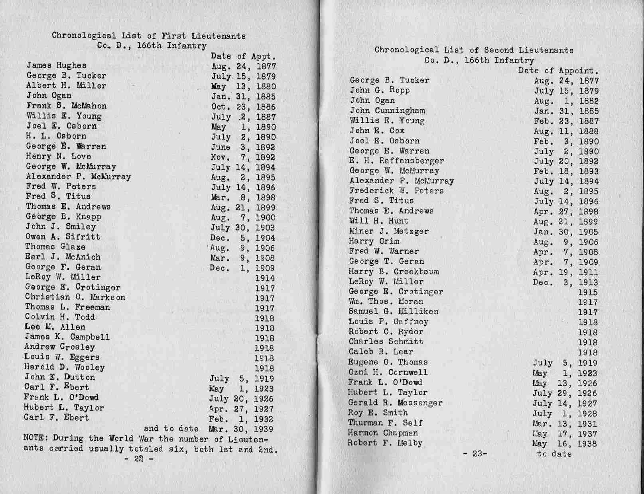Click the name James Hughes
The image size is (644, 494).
tap(56, 65)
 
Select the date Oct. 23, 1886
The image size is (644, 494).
tap(243, 107)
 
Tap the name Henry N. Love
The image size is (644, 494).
tap(58, 157)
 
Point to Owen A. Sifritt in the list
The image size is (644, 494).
tap(63, 237)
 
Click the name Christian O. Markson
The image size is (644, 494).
tap(75, 297)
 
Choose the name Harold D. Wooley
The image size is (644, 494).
tap(64, 367)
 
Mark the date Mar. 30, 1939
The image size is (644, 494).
tap(241, 429)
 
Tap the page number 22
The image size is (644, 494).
tap(138, 459)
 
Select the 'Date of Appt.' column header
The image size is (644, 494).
tap(243, 57)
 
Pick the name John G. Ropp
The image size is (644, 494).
tap(380, 90)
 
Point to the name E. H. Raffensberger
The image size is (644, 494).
tap(396, 161)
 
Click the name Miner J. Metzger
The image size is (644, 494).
tap(389, 231)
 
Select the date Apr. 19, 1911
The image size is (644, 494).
tap(565, 272)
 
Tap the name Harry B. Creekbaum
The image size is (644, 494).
tap(394, 272)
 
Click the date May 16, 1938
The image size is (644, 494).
tap(565, 444)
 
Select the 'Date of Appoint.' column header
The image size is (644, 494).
tap(558, 71)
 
